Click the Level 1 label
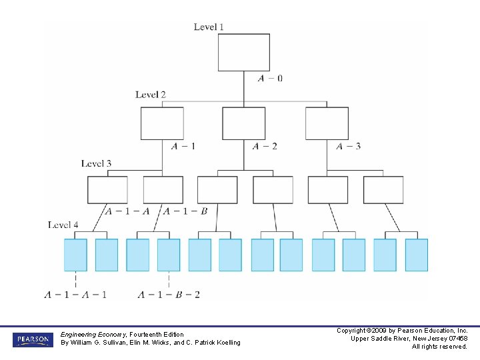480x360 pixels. (209, 27)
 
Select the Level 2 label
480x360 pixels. (151, 95)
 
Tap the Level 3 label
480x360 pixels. (97, 163)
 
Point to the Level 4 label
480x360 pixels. (63, 225)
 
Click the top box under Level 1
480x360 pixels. (244, 52)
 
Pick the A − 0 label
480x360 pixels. (270, 78)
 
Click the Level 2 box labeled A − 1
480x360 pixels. (162, 123)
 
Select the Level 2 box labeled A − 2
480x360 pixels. (243, 123)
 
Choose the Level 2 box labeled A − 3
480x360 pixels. (327, 123)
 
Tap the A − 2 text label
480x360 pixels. (265, 146)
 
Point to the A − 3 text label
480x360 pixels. (349, 146)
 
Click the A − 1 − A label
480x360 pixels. (127, 211)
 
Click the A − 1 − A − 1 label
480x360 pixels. (75, 294)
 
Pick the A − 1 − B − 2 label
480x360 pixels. (169, 294)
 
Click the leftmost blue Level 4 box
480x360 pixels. (75, 255)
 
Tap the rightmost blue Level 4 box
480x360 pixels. (417, 255)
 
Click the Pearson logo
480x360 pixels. (32, 340)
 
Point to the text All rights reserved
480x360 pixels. (439, 347)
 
